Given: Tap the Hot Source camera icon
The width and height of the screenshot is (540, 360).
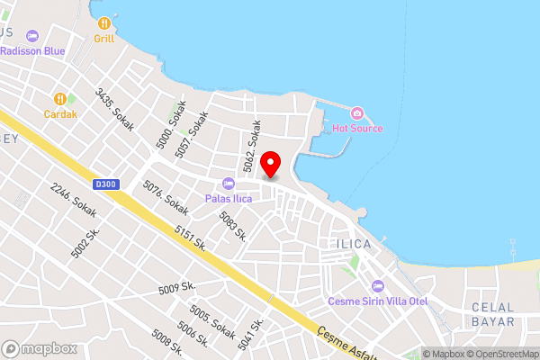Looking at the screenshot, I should [x=357, y=112].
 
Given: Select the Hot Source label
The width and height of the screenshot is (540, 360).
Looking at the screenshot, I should [x=357, y=129].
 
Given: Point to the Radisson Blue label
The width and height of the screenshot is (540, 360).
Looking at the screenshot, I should [x=32, y=51].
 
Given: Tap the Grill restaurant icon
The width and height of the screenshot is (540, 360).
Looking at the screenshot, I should [x=104, y=22].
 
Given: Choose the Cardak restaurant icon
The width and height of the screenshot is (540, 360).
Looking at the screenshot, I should [x=59, y=98].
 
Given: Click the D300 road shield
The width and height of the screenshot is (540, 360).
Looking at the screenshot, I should [x=105, y=184].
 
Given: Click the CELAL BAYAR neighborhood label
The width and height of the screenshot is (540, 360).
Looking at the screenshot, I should [x=493, y=314].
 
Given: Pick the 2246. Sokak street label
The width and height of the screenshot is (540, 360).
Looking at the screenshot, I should [x=74, y=200].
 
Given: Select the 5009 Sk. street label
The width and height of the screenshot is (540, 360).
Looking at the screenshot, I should [x=176, y=290].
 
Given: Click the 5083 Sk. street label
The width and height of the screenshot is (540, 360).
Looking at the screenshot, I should [x=233, y=227].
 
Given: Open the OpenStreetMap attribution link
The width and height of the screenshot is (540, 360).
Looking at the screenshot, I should [x=500, y=354].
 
